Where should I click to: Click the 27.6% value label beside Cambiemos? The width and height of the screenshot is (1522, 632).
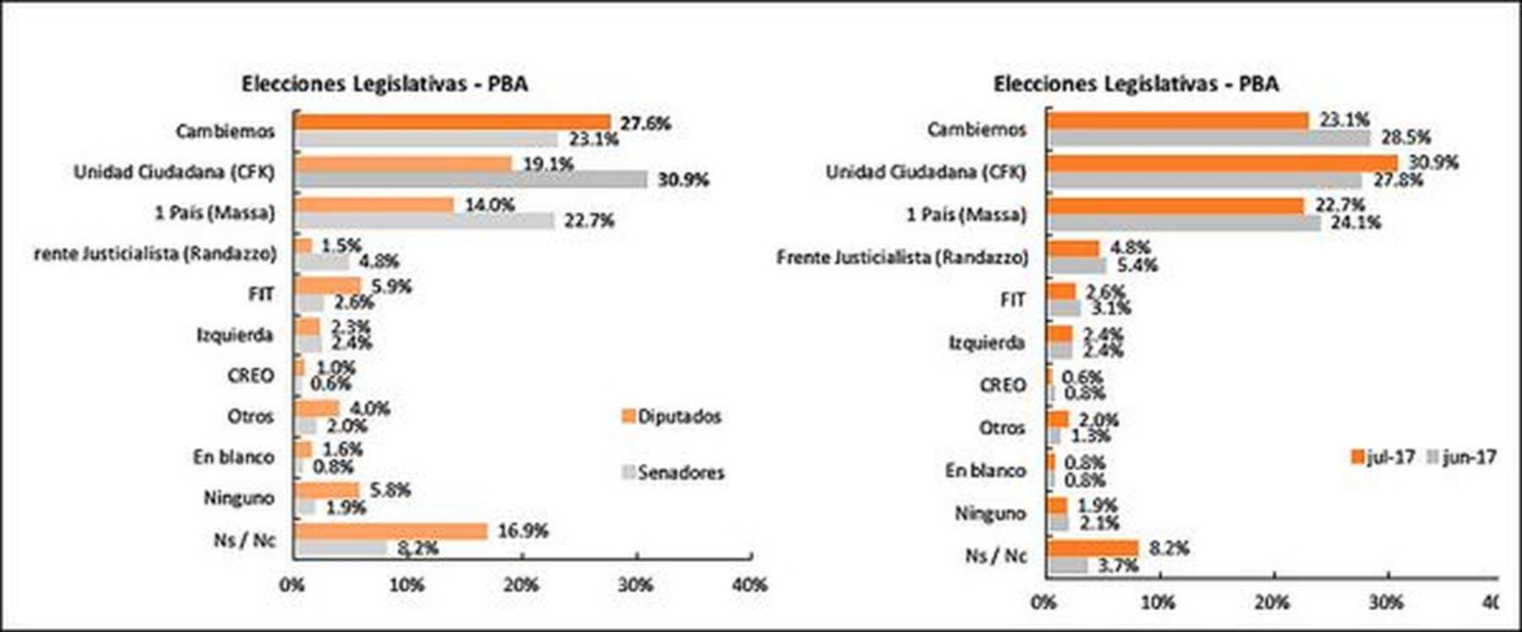[x=645, y=124]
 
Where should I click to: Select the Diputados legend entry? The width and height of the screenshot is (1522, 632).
[x=672, y=416]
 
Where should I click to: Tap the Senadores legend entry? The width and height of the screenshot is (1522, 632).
[x=673, y=472]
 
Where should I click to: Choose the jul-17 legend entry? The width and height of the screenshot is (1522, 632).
[x=1383, y=457]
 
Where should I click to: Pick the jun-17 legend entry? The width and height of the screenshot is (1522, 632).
[x=1462, y=457]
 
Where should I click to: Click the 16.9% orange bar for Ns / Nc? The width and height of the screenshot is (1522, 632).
[x=391, y=531]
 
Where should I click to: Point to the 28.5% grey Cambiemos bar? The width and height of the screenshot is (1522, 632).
[x=1208, y=137]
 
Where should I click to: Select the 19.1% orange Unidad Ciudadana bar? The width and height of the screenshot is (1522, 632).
[x=403, y=164]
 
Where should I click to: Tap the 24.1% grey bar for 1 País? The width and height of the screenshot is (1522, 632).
[x=1184, y=223]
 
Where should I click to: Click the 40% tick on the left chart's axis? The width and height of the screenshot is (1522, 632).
[x=749, y=585]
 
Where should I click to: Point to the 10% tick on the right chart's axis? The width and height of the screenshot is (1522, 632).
[x=1158, y=602]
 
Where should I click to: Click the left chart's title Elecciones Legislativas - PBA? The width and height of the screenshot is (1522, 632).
[x=385, y=84]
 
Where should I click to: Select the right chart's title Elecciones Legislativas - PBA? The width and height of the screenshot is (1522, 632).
[x=1136, y=84]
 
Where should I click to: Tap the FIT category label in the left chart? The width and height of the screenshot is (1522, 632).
[x=261, y=294]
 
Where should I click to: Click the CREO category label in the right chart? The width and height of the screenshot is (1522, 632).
[x=1003, y=385]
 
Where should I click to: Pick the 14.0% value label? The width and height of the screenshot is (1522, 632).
[x=490, y=205]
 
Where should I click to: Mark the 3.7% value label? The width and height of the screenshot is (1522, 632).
[x=1118, y=565]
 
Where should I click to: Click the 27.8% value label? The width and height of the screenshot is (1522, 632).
[x=1398, y=179]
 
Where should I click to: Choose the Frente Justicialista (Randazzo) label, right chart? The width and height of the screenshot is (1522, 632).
[x=902, y=257]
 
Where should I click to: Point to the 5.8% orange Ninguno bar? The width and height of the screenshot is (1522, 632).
[x=327, y=491]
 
